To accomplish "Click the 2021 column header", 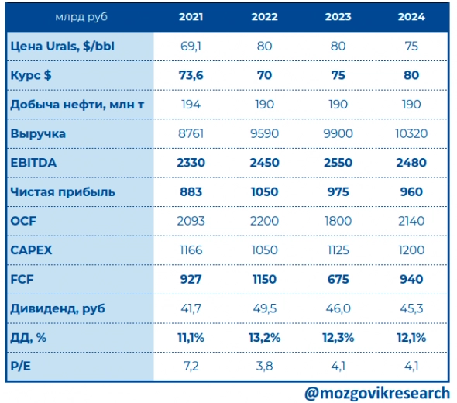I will (x=191, y=16).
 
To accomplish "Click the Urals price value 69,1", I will (x=191, y=46).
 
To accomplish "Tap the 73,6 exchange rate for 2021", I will (x=191, y=75).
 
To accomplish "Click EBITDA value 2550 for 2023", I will (x=337, y=163).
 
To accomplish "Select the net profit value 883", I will (x=191, y=191).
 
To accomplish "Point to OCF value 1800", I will (x=337, y=221).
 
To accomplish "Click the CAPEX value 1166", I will (x=191, y=250).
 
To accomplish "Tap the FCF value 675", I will (x=337, y=279).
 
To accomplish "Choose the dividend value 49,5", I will (x=264, y=308).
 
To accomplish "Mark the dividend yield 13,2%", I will (x=264, y=337).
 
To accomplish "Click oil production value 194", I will (x=191, y=105).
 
